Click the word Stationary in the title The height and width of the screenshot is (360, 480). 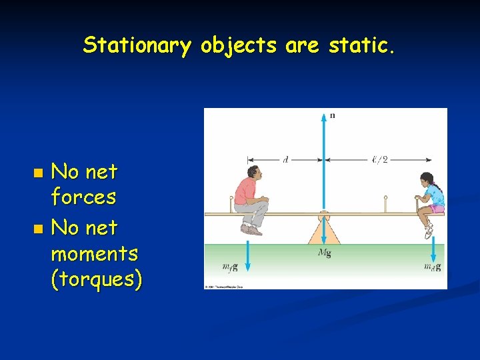click(x=137, y=46)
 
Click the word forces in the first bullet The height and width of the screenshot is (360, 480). click(x=83, y=197)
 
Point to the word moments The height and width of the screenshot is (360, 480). click(x=95, y=254)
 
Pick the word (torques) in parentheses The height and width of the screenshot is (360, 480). click(x=97, y=280)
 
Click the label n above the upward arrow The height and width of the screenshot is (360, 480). click(x=333, y=115)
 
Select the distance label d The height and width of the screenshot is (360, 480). click(x=285, y=159)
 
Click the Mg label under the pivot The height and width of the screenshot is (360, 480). click(x=325, y=253)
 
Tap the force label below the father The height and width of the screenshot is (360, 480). click(x=229, y=267)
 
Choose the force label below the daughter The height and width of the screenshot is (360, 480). click(x=432, y=267)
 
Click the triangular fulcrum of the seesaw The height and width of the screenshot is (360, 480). click(x=325, y=230)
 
